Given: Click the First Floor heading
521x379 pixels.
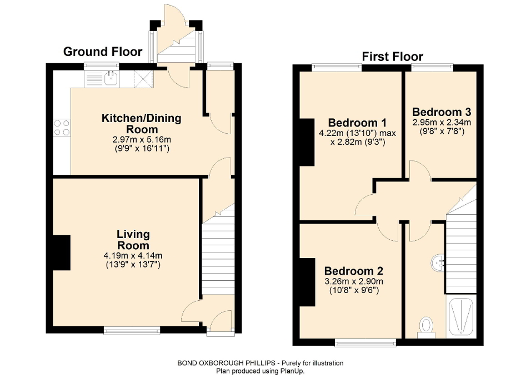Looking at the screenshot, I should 392,57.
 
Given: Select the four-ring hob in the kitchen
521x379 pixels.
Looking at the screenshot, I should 62,128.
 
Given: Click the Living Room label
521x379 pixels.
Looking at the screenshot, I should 133,240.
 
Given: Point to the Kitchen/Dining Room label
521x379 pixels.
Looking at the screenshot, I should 141,123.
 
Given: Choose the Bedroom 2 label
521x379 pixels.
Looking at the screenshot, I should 354,271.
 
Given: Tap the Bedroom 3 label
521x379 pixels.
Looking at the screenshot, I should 441,112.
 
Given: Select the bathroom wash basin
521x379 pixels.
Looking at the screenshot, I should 438,262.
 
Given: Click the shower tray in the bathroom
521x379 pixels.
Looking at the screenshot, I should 460,317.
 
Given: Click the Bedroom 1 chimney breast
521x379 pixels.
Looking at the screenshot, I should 306,142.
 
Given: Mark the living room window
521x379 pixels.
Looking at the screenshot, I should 132,331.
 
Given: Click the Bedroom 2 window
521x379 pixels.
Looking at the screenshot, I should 365,342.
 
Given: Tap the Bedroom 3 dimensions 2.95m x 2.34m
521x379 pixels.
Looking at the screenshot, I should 441,123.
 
